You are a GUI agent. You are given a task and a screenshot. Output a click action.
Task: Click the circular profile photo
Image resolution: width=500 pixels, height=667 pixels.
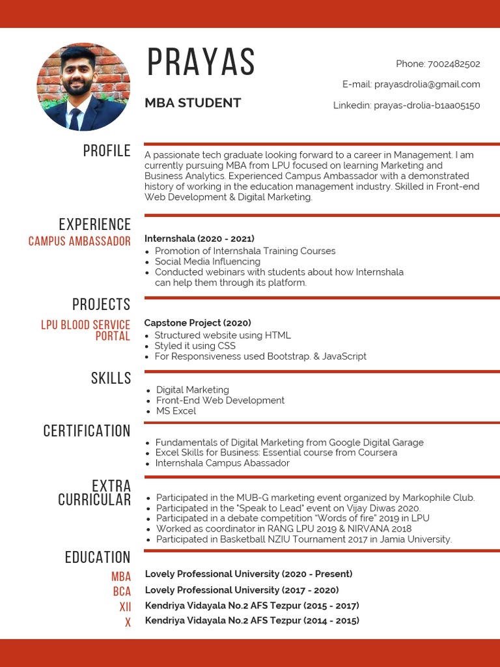83,87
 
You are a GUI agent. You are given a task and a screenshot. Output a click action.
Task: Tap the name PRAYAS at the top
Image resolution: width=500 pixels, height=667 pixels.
201,63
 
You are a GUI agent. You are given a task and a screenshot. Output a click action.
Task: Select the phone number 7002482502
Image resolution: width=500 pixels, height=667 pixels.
454,64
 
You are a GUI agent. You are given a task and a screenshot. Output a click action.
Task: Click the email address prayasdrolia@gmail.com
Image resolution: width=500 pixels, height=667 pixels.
426,84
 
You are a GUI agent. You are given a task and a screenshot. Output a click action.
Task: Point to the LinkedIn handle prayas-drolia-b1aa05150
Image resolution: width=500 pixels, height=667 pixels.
426,105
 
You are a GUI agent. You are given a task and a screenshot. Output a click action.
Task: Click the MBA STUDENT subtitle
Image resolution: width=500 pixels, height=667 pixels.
193,103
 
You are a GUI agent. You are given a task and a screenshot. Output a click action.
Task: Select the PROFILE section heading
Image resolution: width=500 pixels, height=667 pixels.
107,151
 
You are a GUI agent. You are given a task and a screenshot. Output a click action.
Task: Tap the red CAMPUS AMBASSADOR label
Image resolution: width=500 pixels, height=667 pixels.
79,242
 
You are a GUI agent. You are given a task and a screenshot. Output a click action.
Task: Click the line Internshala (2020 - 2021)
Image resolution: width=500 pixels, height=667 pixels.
199,238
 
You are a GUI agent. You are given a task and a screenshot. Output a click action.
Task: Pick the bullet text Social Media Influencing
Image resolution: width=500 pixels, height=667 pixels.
207,262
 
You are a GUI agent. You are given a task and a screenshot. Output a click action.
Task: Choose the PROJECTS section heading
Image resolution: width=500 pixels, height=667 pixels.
101,304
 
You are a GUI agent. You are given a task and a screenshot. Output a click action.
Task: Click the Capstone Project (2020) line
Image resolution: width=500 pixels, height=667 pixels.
197,322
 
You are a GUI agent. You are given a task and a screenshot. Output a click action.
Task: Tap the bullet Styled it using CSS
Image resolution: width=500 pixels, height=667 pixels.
195,346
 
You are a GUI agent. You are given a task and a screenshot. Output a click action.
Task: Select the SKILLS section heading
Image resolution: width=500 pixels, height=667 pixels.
111,378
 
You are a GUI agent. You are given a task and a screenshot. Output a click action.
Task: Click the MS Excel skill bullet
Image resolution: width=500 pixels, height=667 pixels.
176,411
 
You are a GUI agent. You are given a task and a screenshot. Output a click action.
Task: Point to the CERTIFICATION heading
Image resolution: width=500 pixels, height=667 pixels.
87,431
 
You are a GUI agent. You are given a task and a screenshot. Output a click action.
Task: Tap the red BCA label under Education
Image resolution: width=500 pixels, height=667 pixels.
122,591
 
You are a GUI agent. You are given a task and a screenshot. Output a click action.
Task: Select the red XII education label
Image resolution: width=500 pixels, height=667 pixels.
125,607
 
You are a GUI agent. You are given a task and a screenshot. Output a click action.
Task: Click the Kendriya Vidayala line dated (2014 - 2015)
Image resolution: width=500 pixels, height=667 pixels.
252,621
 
